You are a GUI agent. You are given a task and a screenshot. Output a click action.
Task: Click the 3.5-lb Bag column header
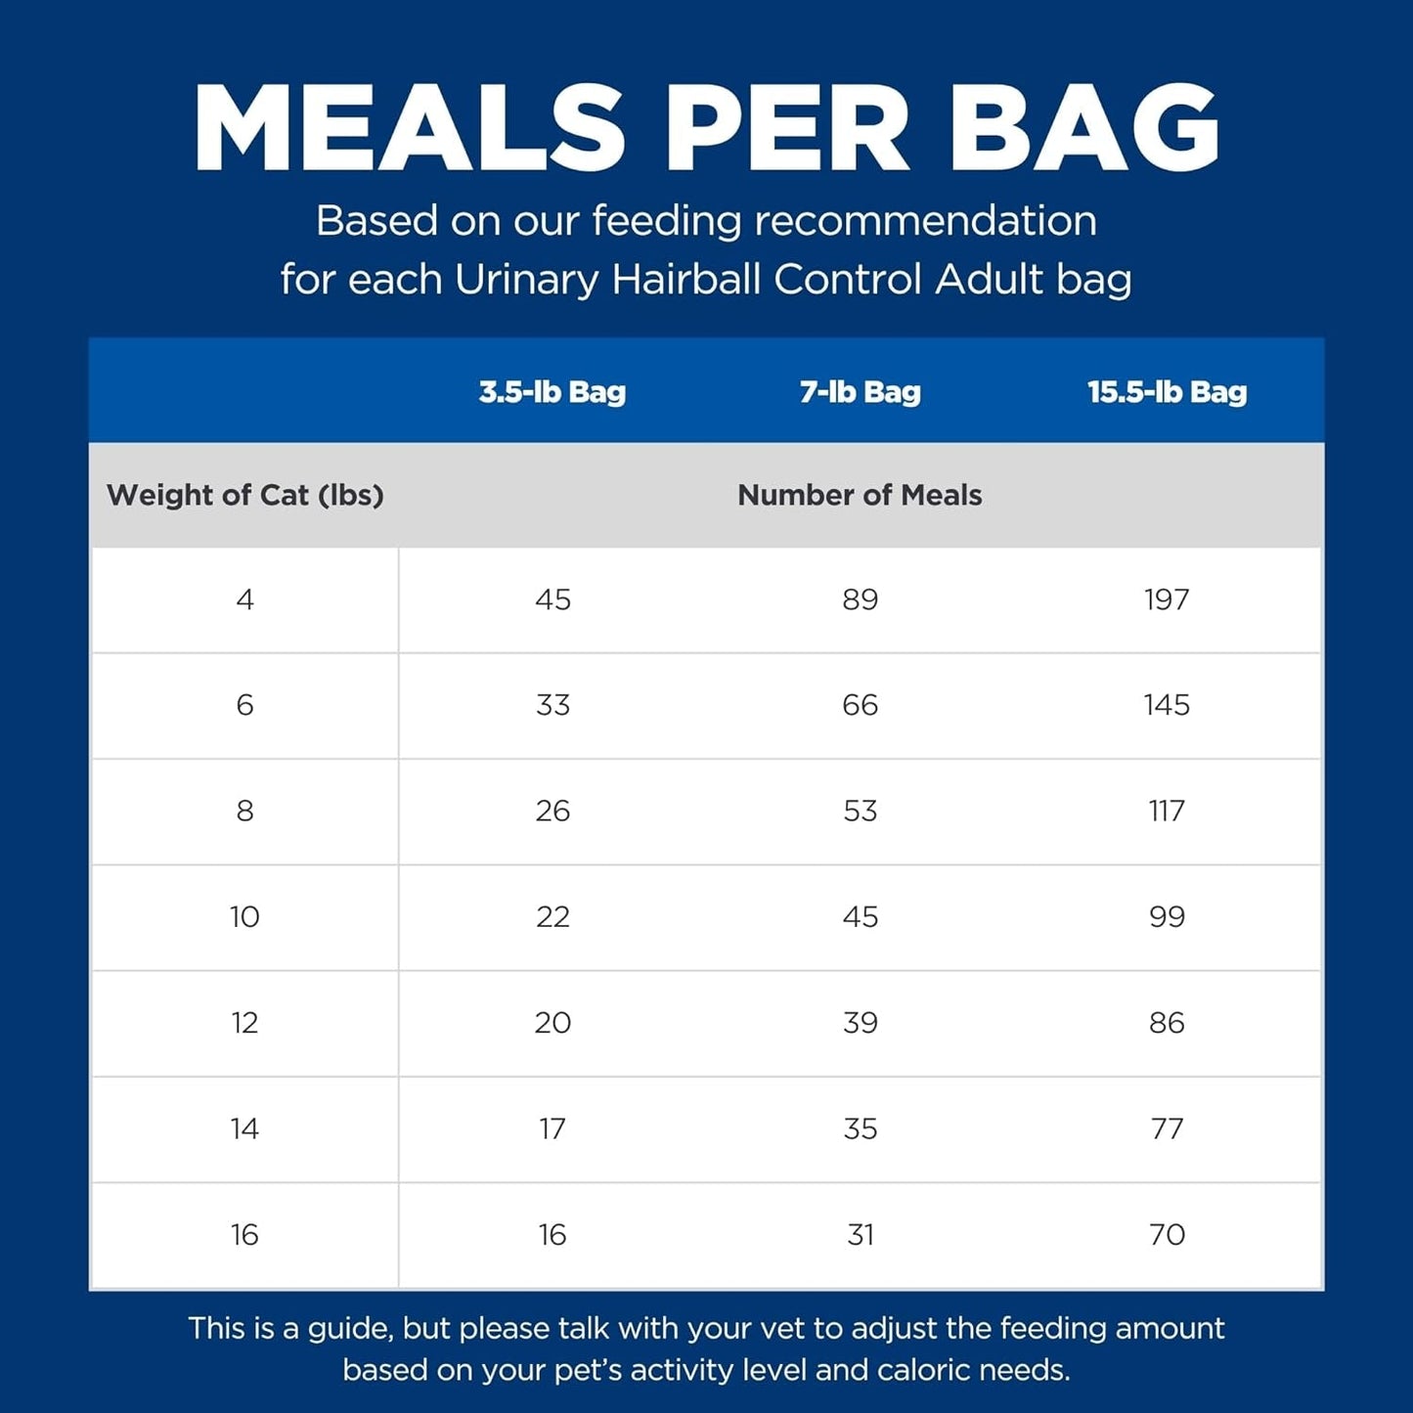pos(552,392)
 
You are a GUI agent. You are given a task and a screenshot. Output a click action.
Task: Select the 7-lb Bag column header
pos(861,392)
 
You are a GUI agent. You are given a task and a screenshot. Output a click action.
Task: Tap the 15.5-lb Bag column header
pos(1168,392)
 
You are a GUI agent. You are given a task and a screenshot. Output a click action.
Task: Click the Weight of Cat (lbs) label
pos(245,495)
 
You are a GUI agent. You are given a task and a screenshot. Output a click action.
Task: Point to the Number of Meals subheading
pos(860,495)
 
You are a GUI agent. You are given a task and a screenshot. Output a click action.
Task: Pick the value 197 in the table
pos(1167,599)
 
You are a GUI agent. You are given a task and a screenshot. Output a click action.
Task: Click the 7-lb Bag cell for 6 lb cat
pos(861,705)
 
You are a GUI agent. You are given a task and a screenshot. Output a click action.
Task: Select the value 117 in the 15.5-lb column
pos(1167,811)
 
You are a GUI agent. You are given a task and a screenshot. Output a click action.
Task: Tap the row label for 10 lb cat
pos(244,916)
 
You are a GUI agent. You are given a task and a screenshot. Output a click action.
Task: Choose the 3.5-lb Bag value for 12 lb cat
pos(552,1023)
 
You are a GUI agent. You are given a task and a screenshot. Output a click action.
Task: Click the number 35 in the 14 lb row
pos(861,1128)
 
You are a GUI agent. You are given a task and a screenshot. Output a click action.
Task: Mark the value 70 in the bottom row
pos(1167,1234)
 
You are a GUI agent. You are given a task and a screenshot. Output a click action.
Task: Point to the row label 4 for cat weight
pos(244,599)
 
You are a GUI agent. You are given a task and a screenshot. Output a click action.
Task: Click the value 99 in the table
pos(1167,916)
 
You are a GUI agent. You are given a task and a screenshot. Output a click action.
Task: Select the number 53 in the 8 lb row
pos(861,811)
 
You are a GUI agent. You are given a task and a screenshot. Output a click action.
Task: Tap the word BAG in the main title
pos(1083,128)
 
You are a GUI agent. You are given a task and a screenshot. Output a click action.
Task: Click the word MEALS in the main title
pos(410,128)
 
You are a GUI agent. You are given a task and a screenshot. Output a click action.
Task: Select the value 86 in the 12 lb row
pos(1167,1023)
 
